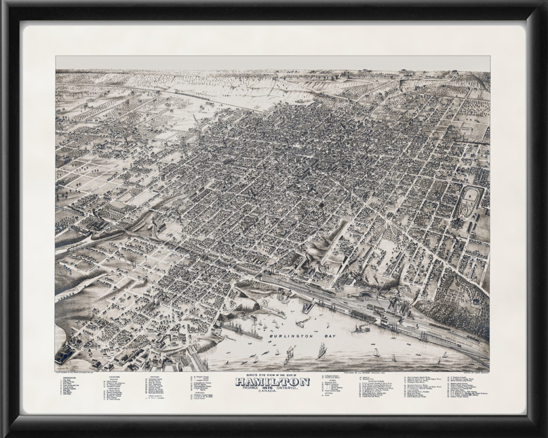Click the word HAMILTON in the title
tap(272, 381)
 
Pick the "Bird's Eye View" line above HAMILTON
tap(272, 375)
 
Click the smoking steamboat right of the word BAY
tap(360, 328)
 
